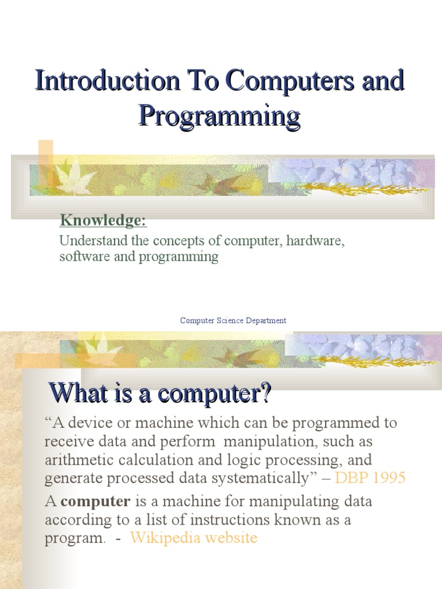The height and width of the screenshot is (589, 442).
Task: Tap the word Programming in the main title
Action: [219, 116]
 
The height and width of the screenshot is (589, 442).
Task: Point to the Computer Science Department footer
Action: [233, 320]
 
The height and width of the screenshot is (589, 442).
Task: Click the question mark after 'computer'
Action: [265, 394]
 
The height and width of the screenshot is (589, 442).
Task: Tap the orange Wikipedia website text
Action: [193, 538]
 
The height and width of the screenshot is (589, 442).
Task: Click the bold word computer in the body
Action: [96, 502]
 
